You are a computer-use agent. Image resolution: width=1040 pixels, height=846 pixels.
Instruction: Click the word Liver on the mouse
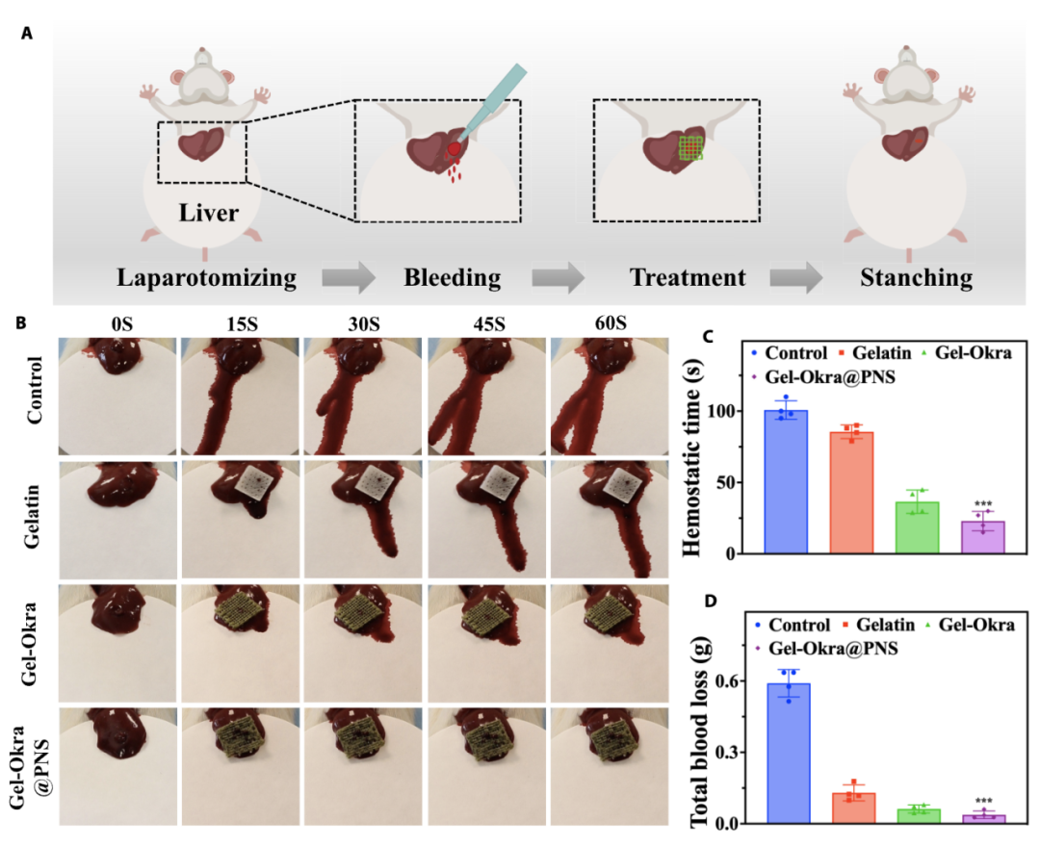(208, 213)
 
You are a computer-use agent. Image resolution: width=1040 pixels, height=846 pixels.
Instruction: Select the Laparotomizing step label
(207, 278)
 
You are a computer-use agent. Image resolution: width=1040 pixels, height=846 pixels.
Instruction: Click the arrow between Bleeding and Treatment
(558, 277)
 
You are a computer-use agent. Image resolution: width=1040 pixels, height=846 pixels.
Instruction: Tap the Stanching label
(917, 278)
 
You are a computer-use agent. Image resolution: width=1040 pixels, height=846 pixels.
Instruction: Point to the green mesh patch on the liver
(690, 148)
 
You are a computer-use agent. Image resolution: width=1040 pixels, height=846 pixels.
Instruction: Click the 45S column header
(489, 324)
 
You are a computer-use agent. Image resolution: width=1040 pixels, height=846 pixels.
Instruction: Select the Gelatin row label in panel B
(32, 517)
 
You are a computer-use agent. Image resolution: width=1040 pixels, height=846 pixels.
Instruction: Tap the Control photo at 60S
(610, 397)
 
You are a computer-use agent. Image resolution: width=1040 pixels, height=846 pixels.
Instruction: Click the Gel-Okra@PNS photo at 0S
(118, 766)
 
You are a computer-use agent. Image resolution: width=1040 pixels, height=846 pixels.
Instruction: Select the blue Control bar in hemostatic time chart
(786, 482)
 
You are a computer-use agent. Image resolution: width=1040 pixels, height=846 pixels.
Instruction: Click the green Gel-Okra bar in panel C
(918, 527)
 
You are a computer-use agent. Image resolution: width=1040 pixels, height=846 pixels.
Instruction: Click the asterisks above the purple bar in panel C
(983, 504)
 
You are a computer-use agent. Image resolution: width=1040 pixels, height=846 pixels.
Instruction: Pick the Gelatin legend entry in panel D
(878, 625)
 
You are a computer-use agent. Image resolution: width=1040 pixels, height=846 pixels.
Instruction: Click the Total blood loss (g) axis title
(700, 731)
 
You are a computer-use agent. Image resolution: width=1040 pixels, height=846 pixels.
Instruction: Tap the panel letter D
(711, 601)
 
